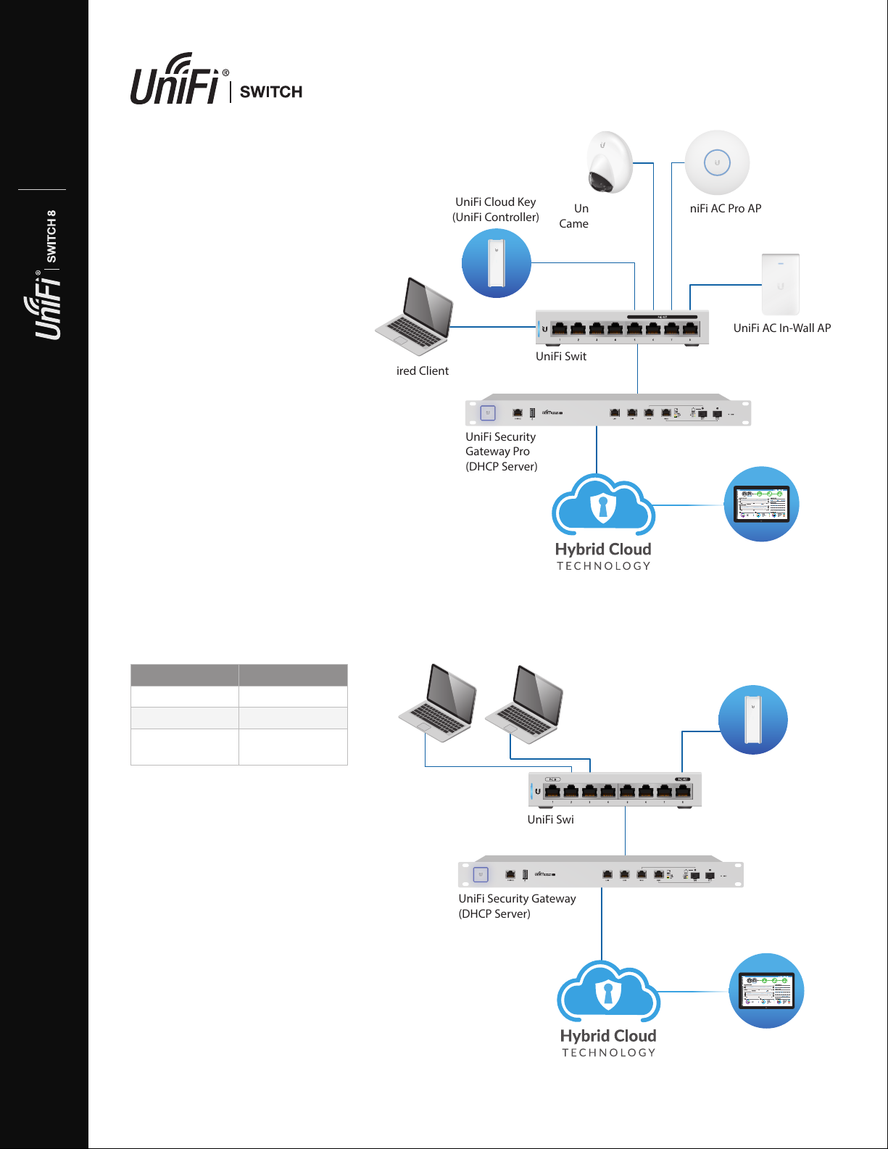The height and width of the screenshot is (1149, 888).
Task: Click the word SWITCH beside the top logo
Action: click(270, 92)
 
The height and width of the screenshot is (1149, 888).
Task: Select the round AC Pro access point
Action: click(717, 162)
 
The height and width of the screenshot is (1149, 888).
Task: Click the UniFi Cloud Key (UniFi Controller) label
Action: click(496, 210)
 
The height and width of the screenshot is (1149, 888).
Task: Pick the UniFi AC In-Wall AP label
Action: click(781, 328)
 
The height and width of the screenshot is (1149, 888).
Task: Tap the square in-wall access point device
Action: click(780, 284)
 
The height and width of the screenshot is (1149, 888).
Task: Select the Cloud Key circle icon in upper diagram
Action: click(497, 263)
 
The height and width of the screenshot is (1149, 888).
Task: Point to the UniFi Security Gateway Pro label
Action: click(501, 452)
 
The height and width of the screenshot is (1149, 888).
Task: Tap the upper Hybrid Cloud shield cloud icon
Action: click(603, 505)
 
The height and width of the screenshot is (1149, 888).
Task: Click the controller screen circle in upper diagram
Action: click(761, 504)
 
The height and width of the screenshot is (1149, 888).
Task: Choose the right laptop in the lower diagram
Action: click(524, 704)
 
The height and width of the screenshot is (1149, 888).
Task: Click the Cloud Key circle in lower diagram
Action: click(752, 720)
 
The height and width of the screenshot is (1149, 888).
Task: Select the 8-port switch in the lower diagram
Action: click(615, 789)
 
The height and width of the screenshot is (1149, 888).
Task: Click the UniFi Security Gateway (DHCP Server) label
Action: click(517, 906)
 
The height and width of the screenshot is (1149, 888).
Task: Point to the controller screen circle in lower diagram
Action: click(766, 990)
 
